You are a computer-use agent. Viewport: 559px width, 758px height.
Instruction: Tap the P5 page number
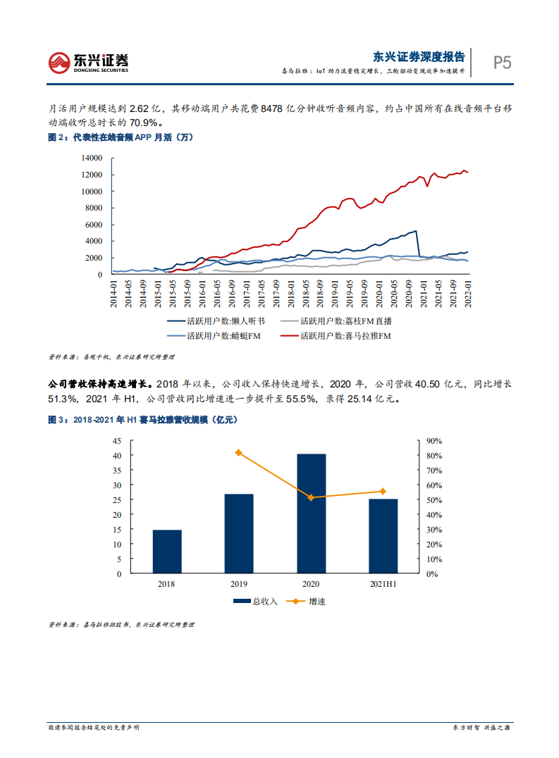[502, 62]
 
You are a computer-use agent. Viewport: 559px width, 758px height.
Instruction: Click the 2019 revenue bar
[239, 533]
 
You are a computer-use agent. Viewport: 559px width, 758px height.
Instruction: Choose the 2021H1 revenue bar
[383, 536]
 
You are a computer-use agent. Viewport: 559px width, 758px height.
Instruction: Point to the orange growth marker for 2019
[239, 452]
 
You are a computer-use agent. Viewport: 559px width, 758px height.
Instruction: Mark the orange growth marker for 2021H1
[383, 491]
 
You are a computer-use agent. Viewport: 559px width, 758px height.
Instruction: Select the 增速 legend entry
[308, 602]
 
